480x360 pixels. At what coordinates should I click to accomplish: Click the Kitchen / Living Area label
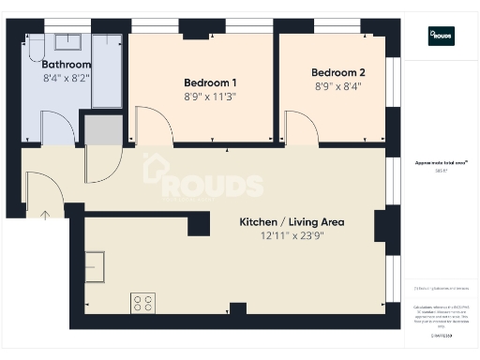[292, 222]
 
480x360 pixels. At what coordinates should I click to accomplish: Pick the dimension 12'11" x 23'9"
[292, 237]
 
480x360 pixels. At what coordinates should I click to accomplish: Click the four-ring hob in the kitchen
[143, 303]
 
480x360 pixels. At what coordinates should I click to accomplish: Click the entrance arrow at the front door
[45, 215]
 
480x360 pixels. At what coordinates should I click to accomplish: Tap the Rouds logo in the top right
[441, 36]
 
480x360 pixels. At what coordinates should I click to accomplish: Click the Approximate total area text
[441, 163]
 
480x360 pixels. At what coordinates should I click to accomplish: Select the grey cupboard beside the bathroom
[102, 130]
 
